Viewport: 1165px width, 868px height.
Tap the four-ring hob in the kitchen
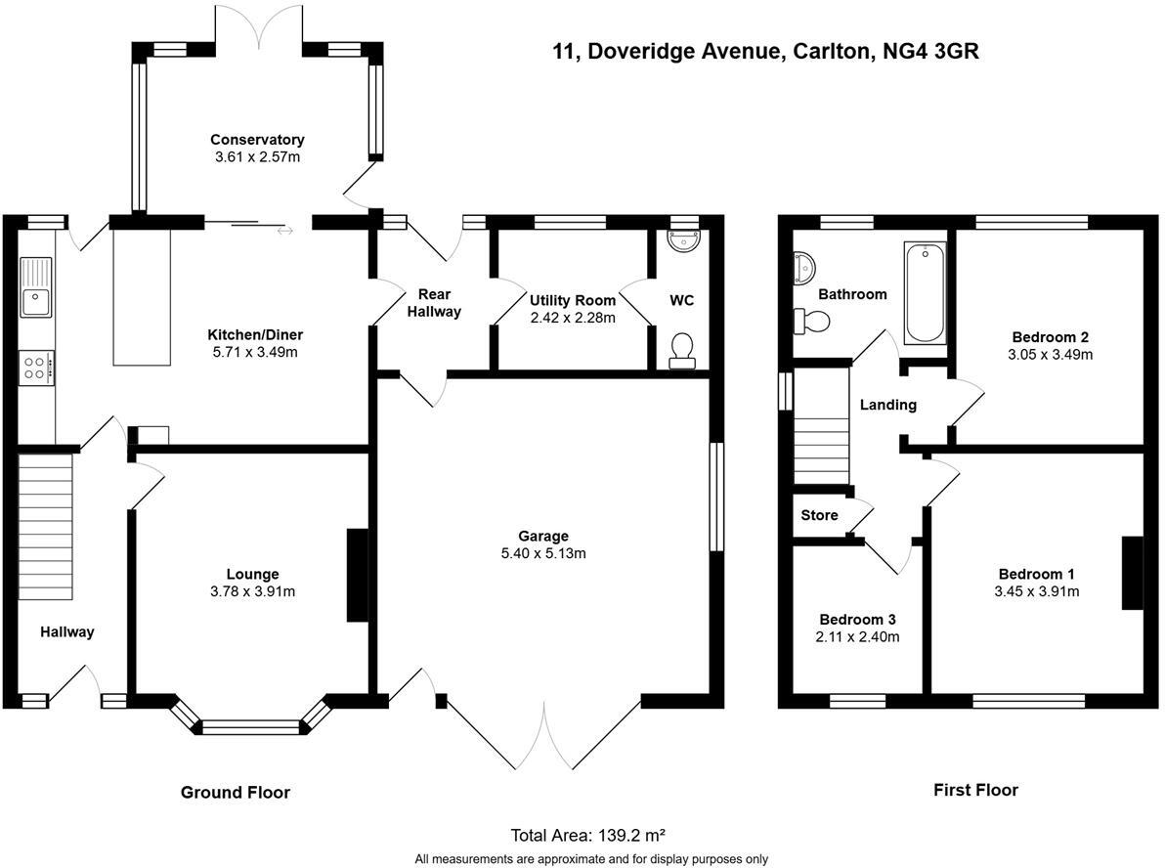36,368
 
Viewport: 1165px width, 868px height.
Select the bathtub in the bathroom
925,293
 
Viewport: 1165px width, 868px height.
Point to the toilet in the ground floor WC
682,350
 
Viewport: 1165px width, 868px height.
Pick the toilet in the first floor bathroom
811,320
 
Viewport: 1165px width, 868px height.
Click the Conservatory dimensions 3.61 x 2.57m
257,156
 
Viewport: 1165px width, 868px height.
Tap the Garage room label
543,536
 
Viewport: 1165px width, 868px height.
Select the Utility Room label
573,300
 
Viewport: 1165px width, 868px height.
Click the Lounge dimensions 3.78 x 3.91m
253,591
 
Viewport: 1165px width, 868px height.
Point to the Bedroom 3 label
857,620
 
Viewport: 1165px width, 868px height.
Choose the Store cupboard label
819,515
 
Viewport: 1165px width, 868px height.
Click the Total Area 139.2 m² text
587,835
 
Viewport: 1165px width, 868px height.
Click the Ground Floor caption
236,792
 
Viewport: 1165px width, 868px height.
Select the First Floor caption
975,790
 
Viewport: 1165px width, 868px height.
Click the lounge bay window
249,725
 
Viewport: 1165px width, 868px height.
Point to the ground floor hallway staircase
46,528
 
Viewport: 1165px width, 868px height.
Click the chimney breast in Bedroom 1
1132,573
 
